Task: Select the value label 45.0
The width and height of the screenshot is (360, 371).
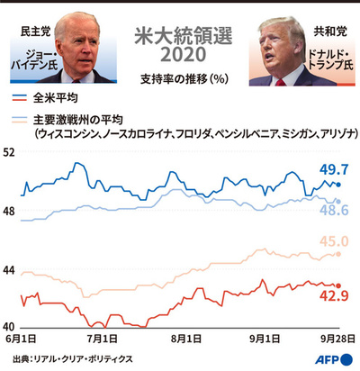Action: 333,241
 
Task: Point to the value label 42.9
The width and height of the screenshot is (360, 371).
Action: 333,295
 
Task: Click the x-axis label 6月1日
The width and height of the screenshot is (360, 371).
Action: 22,339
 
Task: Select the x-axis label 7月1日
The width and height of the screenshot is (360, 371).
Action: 102,339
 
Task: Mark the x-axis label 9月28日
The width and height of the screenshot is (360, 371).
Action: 335,339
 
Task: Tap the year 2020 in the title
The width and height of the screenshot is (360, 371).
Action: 180,56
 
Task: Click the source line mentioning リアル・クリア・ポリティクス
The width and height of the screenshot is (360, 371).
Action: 74,358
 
